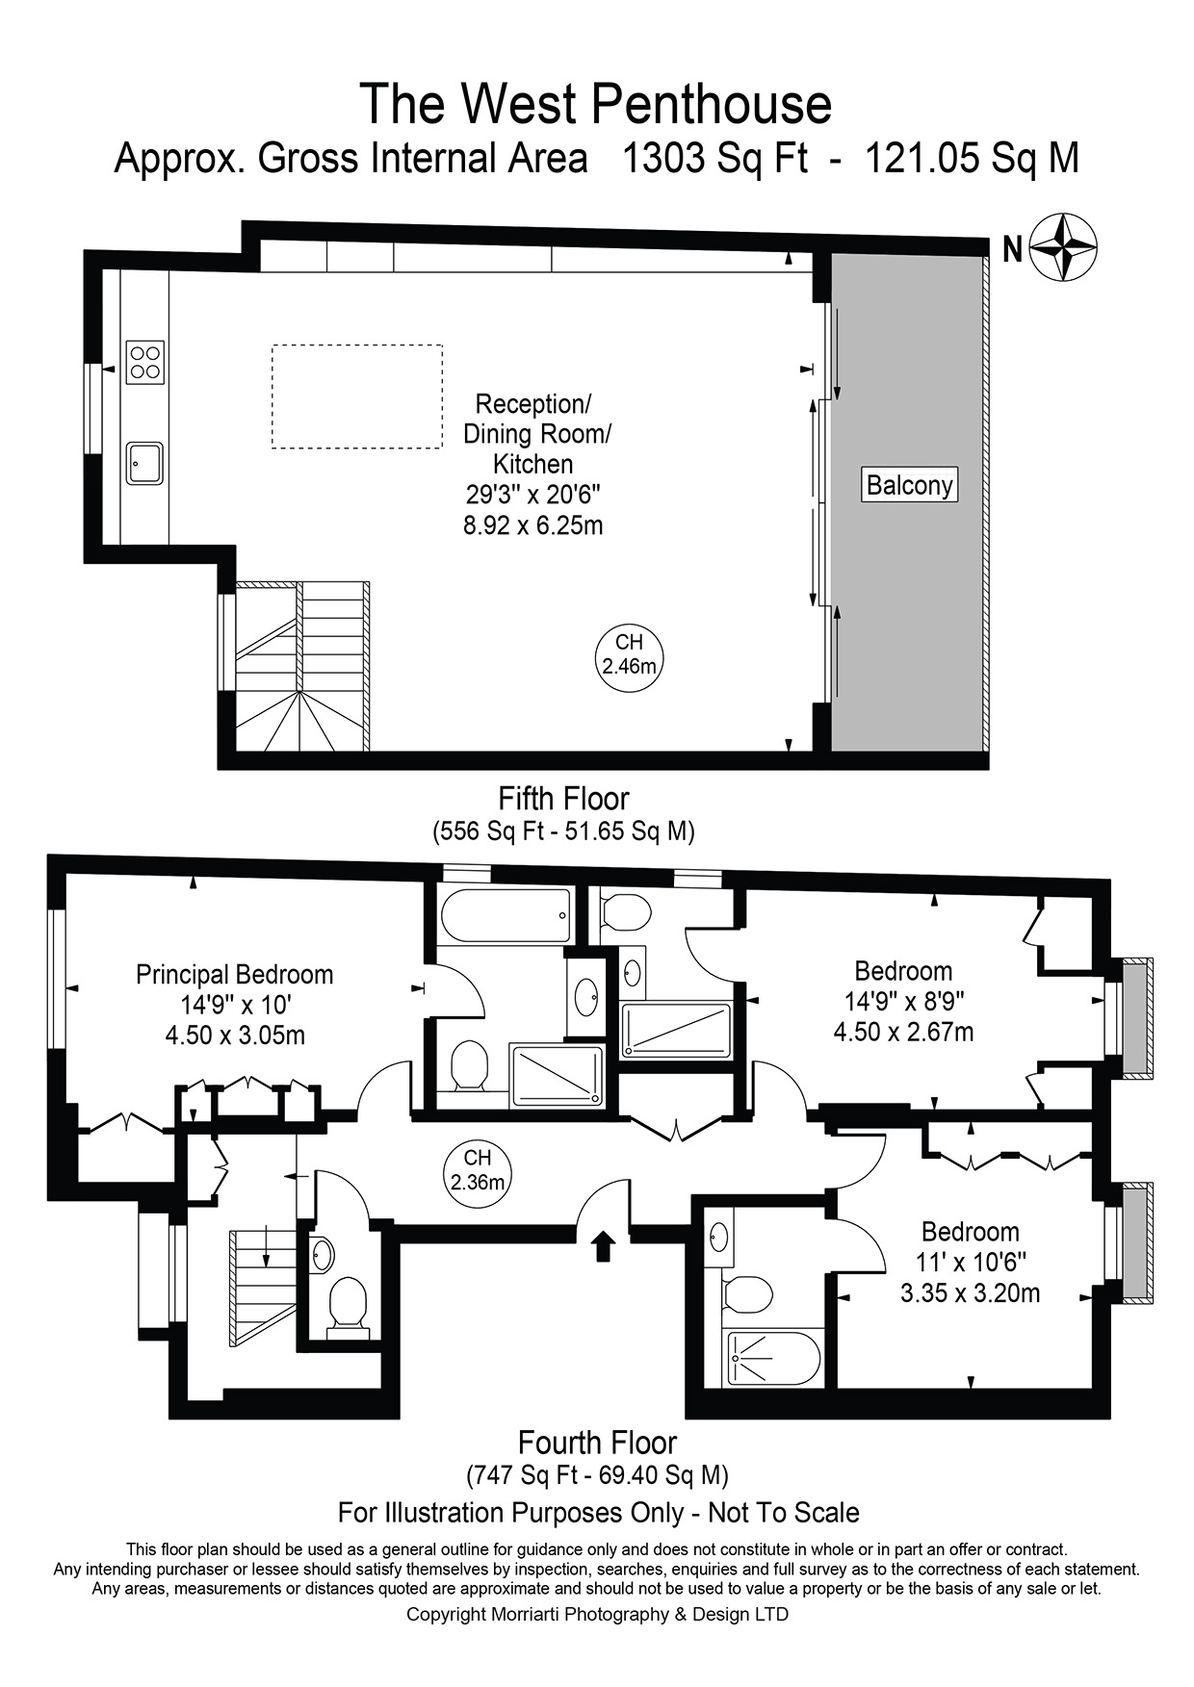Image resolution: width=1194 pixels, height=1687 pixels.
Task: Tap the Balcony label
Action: click(x=909, y=485)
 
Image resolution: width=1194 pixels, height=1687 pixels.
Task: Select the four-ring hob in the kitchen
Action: click(x=144, y=363)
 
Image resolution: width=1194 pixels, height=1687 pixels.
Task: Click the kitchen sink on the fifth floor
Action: click(x=144, y=463)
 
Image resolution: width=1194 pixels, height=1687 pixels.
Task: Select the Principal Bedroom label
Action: click(x=234, y=975)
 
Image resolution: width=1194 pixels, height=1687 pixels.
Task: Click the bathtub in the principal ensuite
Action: click(x=505, y=916)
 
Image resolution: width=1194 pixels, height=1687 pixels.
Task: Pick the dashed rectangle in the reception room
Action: click(x=357, y=396)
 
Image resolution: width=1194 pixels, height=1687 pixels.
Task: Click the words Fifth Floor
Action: click(x=563, y=799)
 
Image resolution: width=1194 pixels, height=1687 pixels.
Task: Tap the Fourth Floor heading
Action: click(x=597, y=1443)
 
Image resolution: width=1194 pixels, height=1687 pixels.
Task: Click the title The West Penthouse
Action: click(x=595, y=104)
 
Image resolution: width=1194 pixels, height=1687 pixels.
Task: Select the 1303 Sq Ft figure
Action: click(x=714, y=158)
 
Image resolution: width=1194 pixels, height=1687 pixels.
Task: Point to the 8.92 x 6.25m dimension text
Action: click(x=532, y=526)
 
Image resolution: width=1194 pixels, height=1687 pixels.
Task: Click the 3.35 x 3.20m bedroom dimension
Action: click(x=970, y=1293)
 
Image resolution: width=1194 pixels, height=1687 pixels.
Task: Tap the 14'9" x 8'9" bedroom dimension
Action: click(x=903, y=1002)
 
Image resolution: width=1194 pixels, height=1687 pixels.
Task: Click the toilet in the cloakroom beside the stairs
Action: click(x=347, y=1306)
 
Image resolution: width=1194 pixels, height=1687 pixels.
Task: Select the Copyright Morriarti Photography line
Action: click(x=597, y=1614)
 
